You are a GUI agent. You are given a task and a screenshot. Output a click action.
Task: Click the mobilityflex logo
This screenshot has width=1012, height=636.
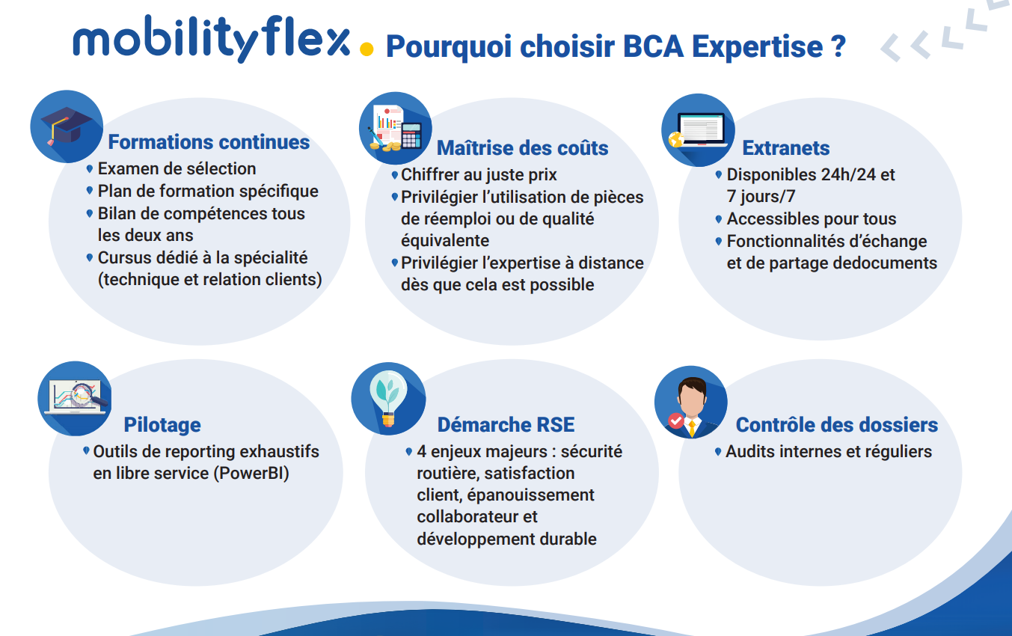click(212, 39)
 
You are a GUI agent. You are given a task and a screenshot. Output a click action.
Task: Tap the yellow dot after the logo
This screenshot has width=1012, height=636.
click(367, 49)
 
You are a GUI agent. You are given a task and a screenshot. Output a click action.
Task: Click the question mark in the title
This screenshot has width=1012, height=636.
click(838, 46)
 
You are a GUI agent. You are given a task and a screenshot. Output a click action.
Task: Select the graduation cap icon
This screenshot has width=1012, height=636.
click(67, 126)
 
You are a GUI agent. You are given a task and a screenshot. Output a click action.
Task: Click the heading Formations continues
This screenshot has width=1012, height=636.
click(209, 142)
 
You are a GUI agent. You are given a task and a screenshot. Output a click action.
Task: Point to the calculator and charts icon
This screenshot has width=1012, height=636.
click(396, 129)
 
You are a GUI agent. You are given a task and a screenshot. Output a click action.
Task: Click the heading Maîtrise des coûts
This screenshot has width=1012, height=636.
click(522, 148)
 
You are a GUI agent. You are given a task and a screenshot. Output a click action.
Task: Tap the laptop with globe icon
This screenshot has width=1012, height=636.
click(698, 130)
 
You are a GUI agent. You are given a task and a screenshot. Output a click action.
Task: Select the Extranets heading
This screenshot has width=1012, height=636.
click(786, 148)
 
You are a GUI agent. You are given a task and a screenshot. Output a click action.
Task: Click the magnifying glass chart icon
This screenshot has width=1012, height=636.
click(75, 398)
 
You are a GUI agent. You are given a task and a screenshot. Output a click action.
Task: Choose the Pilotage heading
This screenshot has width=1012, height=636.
click(162, 425)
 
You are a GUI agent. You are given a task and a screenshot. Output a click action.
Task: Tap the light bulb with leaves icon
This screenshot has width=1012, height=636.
click(388, 399)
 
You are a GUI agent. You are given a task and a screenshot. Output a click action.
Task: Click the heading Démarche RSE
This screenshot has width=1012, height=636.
click(506, 425)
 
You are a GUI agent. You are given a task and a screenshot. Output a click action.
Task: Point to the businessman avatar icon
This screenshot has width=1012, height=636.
click(691, 402)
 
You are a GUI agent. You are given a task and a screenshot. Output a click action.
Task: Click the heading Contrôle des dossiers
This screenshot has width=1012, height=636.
click(837, 425)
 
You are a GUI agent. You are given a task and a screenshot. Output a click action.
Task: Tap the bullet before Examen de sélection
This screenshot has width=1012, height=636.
click(90, 169)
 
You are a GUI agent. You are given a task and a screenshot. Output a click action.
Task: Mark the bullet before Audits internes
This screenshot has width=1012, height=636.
click(718, 452)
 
